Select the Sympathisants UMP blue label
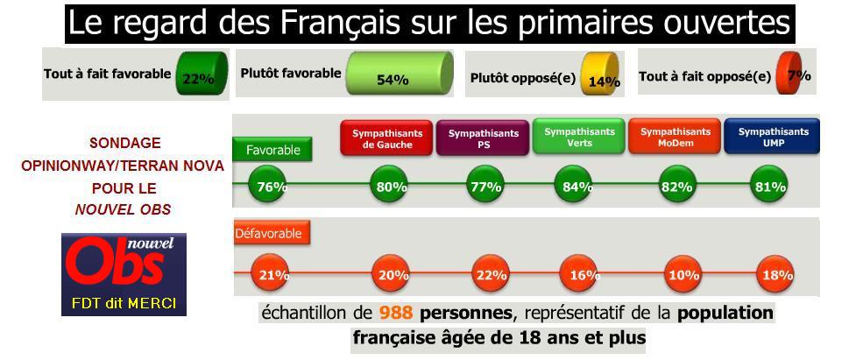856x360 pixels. click(x=772, y=138)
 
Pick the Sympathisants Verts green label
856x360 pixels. click(x=578, y=137)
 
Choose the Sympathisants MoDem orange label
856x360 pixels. click(x=675, y=138)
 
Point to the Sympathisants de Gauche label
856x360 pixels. click(x=386, y=138)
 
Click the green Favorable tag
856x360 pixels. click(x=272, y=150)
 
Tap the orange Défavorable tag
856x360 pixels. click(x=272, y=234)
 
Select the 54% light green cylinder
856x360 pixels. click(x=399, y=74)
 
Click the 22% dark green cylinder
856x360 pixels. click(x=202, y=72)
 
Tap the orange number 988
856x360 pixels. click(x=398, y=313)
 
